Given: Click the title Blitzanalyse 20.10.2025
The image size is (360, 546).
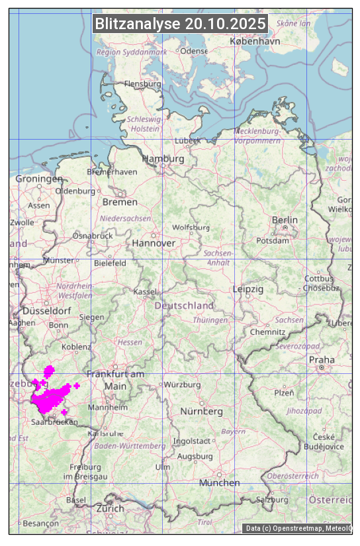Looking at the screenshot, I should pyautogui.click(x=181, y=24).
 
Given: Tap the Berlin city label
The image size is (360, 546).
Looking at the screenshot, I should pyautogui.click(x=285, y=220).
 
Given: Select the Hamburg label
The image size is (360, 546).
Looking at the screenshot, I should pyautogui.click(x=163, y=159).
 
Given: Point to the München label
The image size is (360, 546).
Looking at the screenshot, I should pyautogui.click(x=220, y=483).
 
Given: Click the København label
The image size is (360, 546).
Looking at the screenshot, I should pyautogui.click(x=255, y=41).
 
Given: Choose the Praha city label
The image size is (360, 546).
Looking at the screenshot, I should pyautogui.click(x=322, y=360).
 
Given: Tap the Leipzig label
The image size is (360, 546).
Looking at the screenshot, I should pyautogui.click(x=248, y=289).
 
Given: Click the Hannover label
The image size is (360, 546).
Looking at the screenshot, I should pyautogui.click(x=154, y=244).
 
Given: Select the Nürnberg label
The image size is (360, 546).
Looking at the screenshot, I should pyautogui.click(x=202, y=412).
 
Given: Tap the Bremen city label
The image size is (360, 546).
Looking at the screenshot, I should pyautogui.click(x=120, y=202).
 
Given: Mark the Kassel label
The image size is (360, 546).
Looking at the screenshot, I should pyautogui.click(x=144, y=292).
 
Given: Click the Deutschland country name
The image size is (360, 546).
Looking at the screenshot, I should pyautogui.click(x=184, y=306).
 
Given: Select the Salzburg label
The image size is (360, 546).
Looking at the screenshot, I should pyautogui.click(x=273, y=500).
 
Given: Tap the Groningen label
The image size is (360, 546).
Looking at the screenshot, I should pyautogui.click(x=39, y=179).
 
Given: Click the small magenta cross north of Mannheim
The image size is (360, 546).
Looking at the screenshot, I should pyautogui.click(x=77, y=385).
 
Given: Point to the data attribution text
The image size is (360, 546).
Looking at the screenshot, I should pyautogui.click(x=298, y=528).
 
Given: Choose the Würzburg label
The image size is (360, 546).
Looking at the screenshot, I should pyautogui.click(x=182, y=385).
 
